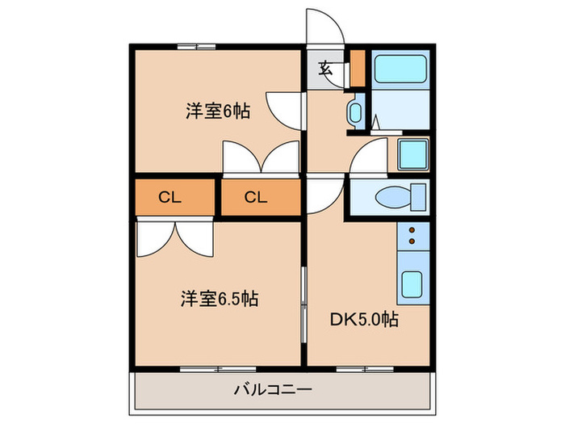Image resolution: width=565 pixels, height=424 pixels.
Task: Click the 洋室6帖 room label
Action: click(x=218, y=111)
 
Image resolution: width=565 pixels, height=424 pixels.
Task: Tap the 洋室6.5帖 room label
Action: click(x=220, y=299)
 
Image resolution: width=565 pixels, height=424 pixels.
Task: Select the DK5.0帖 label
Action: click(x=364, y=319)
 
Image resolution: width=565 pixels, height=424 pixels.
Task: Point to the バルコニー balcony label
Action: click(x=273, y=389)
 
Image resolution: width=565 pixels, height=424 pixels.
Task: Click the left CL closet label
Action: click(x=169, y=197)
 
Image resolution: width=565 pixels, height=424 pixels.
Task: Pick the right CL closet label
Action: click(x=256, y=197)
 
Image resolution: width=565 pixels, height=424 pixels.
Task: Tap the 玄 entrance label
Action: click(x=325, y=69)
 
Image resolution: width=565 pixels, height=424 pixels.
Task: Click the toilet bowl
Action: click(x=393, y=197)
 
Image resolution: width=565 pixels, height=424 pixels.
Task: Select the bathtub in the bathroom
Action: click(x=400, y=69)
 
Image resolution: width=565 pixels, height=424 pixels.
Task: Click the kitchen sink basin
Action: click(x=412, y=285)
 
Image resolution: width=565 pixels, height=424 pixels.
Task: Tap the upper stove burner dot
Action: click(x=412, y=230)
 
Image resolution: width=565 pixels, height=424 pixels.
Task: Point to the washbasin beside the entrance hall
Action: click(x=355, y=112)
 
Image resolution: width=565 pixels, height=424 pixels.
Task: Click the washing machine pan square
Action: click(x=413, y=154)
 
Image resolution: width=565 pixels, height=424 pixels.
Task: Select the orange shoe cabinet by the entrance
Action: click(x=358, y=68)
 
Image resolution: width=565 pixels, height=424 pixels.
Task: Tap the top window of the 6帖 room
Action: click(x=196, y=47)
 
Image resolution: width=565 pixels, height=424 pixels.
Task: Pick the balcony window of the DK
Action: click(x=365, y=369)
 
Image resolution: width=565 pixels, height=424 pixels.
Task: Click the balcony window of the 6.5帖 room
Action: click(x=218, y=369)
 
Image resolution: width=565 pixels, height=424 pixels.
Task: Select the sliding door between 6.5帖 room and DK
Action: click(x=303, y=304)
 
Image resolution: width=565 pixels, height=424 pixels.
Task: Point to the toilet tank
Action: click(x=418, y=197)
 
